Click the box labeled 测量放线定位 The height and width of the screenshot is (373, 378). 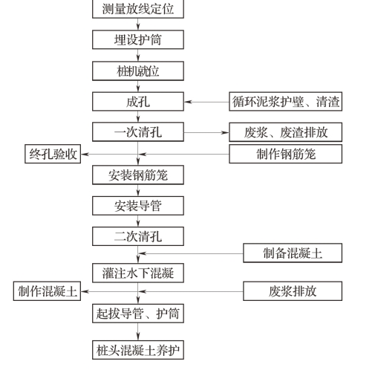point(138,9)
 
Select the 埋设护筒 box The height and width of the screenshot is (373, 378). point(138,39)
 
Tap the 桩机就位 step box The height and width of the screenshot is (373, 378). point(138,71)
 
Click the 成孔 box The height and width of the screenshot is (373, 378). point(138,102)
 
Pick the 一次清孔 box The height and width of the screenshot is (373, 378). point(138,132)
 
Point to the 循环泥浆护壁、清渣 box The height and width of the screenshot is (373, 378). point(286,102)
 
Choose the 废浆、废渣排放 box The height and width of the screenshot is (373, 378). point(286,132)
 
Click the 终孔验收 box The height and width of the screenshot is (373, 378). point(53,154)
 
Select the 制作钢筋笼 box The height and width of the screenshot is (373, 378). point(286,154)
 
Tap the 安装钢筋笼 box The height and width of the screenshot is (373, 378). point(138,175)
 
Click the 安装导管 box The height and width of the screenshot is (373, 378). point(138,206)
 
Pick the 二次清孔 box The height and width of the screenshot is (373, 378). point(138,236)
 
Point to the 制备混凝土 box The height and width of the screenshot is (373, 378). point(293,253)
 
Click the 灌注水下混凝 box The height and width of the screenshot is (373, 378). point(138,273)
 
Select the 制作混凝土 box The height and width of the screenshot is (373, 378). point(47,291)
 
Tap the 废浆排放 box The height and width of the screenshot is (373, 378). point(293,291)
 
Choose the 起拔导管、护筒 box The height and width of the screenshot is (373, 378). point(138,314)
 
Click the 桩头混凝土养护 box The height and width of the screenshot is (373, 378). point(138,350)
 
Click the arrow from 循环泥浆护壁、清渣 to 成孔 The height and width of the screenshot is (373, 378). point(206,102)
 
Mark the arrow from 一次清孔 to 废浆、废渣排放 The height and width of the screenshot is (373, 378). point(206,133)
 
